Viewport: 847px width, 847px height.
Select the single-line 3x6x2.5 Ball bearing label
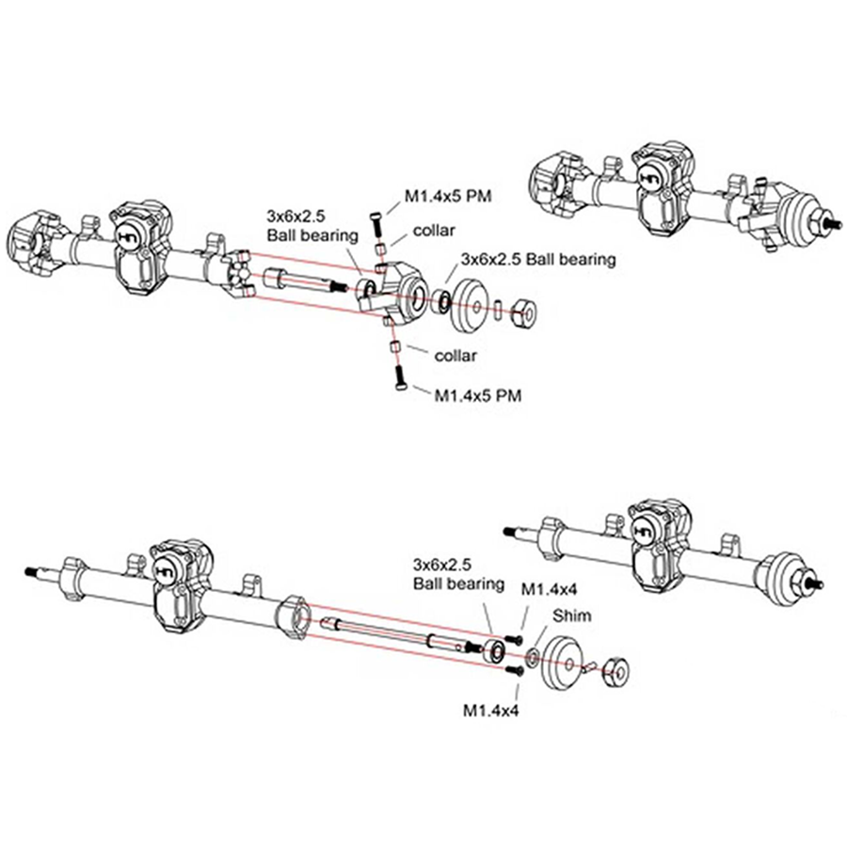[x=537, y=259]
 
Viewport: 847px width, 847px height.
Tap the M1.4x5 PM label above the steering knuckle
[x=449, y=196]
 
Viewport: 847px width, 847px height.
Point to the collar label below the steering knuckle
[x=456, y=355]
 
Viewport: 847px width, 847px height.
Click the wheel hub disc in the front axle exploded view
[x=468, y=305]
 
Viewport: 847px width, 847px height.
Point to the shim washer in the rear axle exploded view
[x=534, y=656]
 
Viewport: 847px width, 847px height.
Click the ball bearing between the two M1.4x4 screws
[x=492, y=650]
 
